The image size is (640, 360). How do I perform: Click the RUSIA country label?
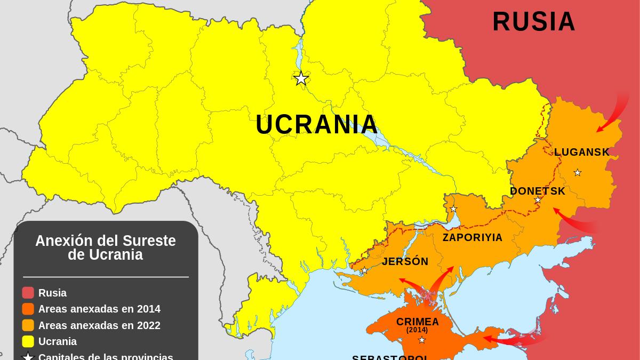click(x=534, y=22)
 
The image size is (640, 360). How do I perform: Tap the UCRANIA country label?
click(x=317, y=125)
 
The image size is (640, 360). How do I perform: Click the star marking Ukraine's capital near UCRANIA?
click(x=301, y=78)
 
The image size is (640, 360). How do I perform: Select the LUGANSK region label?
click(x=582, y=153)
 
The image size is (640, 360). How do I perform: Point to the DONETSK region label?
click(x=537, y=191)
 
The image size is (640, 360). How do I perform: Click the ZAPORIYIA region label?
click(x=473, y=238)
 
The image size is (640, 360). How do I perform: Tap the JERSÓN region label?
click(x=405, y=262)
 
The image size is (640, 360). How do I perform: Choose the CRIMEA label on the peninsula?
click(x=418, y=322)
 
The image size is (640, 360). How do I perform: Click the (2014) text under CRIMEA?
click(x=417, y=330)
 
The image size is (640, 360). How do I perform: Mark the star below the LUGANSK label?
click(x=577, y=172)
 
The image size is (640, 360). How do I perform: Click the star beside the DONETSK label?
click(x=538, y=200)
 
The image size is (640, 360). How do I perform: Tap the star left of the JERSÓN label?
click(x=364, y=270)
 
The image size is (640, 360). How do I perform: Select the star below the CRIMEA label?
click(x=422, y=340)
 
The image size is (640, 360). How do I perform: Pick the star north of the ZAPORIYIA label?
click(x=453, y=209)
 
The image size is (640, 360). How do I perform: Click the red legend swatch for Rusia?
click(x=28, y=293)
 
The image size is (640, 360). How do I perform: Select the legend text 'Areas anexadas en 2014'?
click(x=99, y=309)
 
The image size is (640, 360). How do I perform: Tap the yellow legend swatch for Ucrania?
click(x=28, y=341)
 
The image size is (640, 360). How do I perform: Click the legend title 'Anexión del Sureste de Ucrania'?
click(x=106, y=248)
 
